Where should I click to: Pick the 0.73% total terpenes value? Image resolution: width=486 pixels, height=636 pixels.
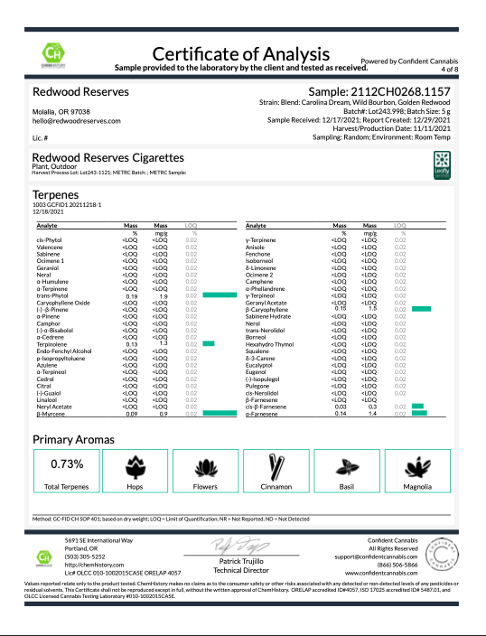(x=66, y=463)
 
